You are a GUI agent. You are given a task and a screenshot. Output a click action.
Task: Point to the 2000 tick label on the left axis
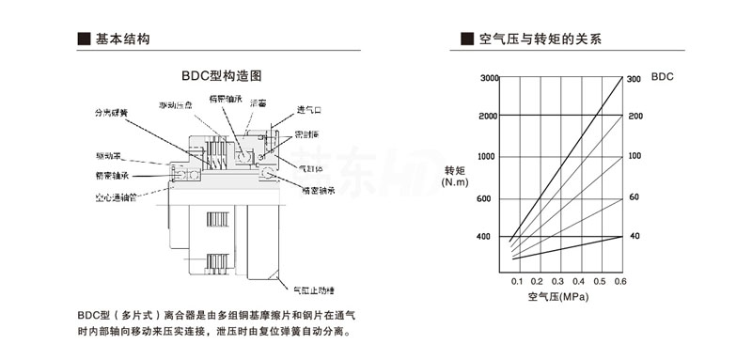488,116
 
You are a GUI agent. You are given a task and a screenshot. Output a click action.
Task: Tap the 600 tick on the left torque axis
485,198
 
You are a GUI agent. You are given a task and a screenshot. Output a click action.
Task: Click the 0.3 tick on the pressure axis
558,282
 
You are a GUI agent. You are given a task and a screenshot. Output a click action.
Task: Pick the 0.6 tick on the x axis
620,282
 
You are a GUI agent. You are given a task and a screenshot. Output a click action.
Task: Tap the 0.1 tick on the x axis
517,282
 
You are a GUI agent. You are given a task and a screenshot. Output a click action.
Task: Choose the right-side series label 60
634,197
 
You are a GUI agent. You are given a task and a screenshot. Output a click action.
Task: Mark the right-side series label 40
634,235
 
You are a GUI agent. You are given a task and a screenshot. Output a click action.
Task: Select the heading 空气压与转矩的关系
540,39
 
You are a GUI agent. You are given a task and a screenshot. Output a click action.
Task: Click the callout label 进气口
310,109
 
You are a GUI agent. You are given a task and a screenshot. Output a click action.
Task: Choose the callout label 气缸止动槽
314,291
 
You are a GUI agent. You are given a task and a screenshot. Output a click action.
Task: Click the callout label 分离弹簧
111,115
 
